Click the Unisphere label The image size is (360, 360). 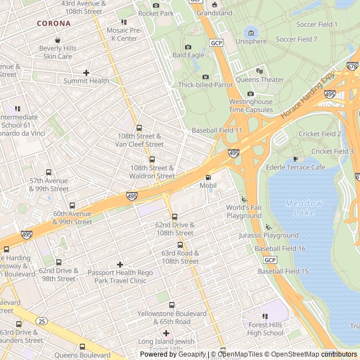251,42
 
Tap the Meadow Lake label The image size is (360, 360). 304,208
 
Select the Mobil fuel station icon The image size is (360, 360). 208,177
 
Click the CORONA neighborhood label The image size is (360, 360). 54,24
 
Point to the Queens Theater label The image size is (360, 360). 259,80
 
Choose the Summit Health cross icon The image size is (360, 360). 86,73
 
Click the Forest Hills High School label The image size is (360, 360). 265,328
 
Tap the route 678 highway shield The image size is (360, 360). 353,66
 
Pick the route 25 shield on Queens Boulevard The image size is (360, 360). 42,321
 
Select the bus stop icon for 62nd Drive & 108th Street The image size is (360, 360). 174,217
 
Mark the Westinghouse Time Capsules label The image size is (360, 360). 251,106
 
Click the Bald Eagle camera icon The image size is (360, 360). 188,47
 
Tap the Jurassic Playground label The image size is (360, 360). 269,235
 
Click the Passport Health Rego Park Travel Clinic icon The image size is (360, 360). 120,264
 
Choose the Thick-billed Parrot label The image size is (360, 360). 205,85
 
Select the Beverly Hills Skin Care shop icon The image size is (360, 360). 57,40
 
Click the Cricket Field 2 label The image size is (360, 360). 319,134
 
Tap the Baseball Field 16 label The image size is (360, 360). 280,249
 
